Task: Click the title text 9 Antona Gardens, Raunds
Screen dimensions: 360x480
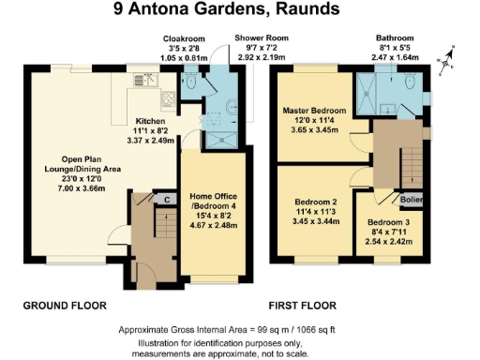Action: coord(240,12)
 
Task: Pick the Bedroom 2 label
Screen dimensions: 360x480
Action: coord(315,202)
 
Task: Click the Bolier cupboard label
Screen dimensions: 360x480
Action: coord(411,200)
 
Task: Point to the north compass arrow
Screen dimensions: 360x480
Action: coord(453,54)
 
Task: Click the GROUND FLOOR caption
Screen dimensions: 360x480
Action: coord(65,306)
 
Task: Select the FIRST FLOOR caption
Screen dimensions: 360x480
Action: coord(303,306)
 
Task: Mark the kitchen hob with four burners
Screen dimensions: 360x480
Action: coord(167,97)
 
